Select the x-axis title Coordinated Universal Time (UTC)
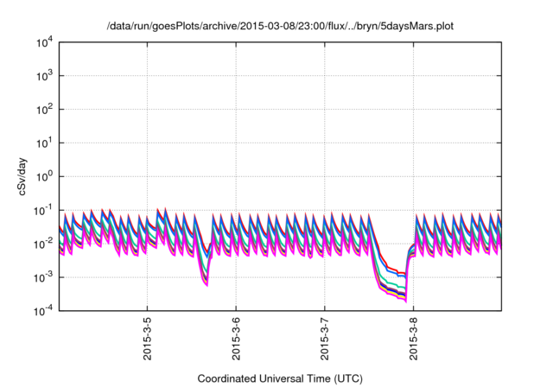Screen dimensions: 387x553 coord(280,378)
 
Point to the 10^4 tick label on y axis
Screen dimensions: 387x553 coord(44,41)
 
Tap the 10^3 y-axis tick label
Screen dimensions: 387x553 coord(44,75)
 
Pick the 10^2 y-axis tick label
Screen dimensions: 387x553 coord(44,109)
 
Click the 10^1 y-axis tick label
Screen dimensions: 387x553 coord(44,143)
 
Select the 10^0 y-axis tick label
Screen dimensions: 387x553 coord(44,176)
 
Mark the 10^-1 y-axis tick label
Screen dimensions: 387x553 coord(43,210)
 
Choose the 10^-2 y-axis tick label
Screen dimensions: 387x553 coord(43,244)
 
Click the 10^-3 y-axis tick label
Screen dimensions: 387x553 coord(43,277)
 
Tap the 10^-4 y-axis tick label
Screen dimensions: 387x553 coord(43,311)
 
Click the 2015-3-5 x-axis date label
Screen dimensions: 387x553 coord(147,339)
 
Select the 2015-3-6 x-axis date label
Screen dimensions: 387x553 coord(236,339)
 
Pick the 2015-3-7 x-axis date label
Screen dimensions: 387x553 coord(324,339)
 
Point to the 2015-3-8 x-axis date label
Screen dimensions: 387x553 coord(413,339)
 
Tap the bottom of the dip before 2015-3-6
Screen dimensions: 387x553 coord(206,284)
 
